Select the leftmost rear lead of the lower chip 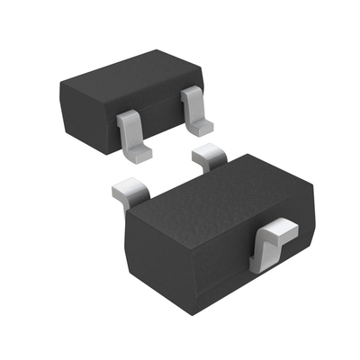129,191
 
